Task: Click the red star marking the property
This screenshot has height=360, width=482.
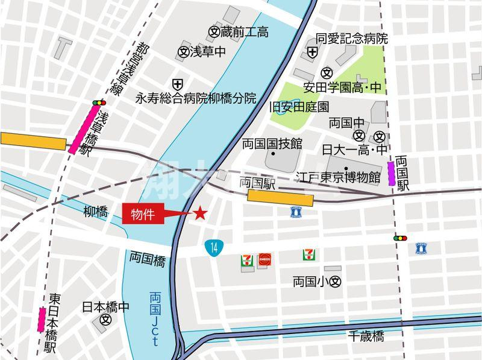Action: coord(200,213)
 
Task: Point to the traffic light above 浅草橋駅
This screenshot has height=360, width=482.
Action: coord(98,104)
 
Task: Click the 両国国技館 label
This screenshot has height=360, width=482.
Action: coord(272,144)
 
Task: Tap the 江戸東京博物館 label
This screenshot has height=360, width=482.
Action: coord(338,177)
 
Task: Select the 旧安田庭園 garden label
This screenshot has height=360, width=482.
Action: coord(299,107)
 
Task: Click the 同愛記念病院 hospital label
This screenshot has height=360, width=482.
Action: coord(352,39)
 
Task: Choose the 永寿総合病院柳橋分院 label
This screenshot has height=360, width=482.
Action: coord(195,97)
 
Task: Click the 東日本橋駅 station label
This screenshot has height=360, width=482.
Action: coord(53,323)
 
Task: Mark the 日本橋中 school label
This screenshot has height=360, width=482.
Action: coord(105,307)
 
